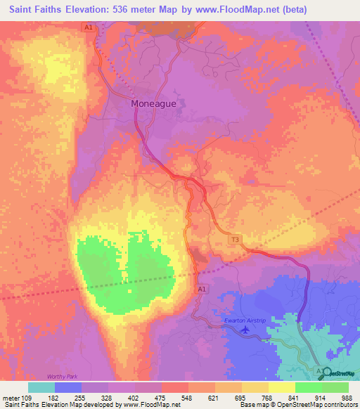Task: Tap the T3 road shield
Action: tap(236, 240)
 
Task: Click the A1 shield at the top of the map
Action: tap(89, 27)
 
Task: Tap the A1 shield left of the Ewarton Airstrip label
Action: tap(202, 289)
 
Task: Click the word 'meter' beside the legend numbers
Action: tap(13, 398)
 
